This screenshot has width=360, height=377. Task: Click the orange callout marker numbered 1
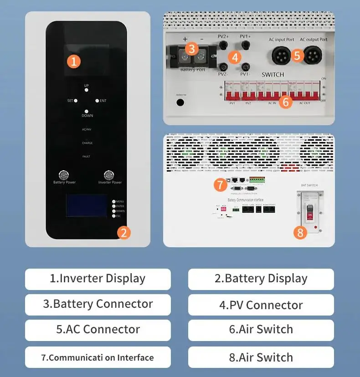tap(74, 61)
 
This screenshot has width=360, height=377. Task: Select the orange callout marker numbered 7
tap(220, 184)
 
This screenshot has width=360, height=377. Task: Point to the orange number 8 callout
tap(299, 233)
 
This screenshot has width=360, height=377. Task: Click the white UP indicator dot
tap(87, 91)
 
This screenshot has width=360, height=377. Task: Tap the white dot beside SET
tap(76, 101)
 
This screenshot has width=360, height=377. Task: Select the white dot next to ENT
tap(97, 101)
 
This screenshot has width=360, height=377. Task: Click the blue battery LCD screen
tap(87, 206)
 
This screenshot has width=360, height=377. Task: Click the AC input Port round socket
tap(278, 56)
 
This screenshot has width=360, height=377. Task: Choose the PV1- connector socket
tap(245, 66)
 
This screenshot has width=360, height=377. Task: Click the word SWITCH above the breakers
tap(273, 74)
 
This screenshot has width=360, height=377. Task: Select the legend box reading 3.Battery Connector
tap(98, 304)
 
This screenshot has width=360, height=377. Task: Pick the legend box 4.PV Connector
tap(261, 305)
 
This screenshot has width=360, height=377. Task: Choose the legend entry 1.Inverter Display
tap(98, 279)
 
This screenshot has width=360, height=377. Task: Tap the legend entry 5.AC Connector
tap(98, 330)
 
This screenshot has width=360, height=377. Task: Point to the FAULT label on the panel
tap(87, 157)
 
